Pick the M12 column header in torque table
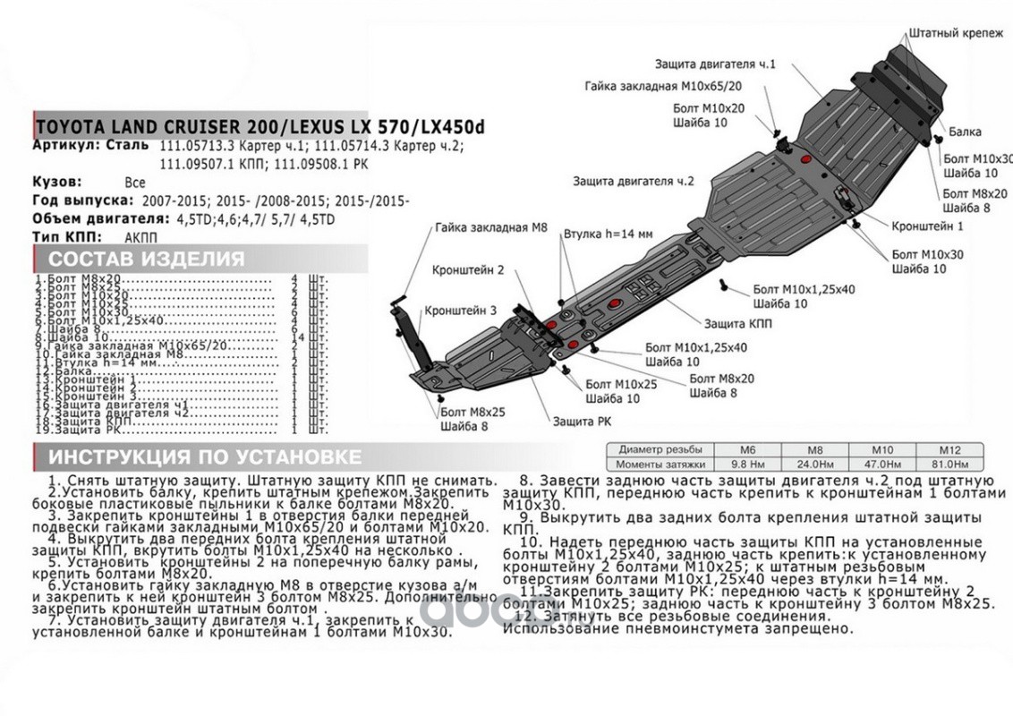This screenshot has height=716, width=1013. tap(949, 449)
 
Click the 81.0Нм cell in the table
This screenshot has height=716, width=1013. tap(949, 465)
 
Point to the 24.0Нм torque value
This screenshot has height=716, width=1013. tap(813, 465)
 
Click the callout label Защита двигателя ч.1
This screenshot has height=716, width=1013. tap(714, 65)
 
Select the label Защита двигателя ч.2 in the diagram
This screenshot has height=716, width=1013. tap(634, 181)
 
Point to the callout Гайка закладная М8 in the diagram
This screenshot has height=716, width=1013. tap(491, 228)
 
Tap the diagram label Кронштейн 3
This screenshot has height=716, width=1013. tap(460, 311)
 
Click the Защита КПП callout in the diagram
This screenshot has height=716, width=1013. tap(737, 323)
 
